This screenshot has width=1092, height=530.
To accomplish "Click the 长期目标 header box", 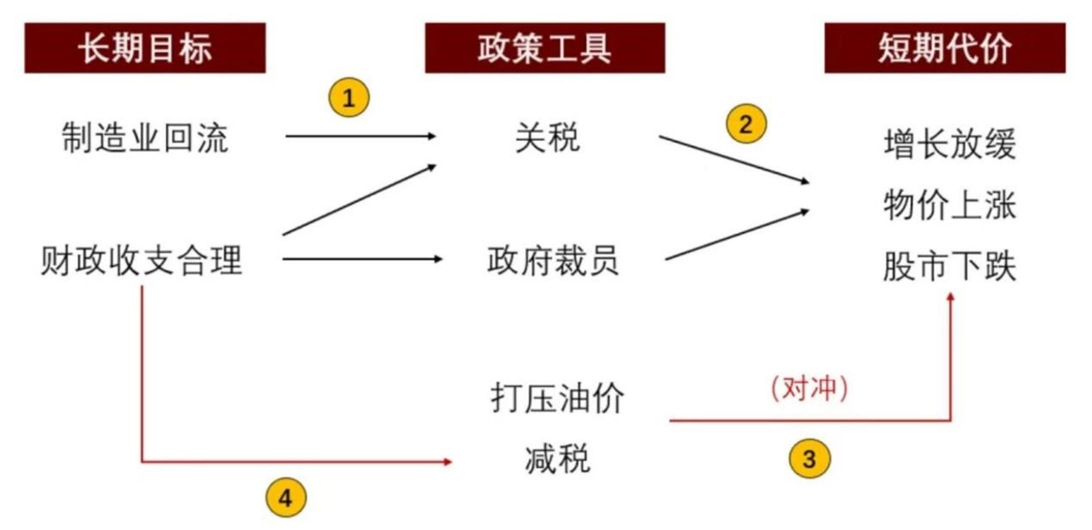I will click(x=144, y=48).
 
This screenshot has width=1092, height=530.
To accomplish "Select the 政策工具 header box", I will click(x=544, y=48).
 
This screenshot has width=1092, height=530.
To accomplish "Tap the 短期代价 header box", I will click(x=944, y=48).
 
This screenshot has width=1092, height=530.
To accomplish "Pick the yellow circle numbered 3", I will click(x=809, y=458).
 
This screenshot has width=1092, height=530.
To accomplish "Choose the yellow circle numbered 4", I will click(x=285, y=496).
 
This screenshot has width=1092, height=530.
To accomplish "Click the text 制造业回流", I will click(x=144, y=138).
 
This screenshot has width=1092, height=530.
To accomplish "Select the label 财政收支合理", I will click(x=142, y=259).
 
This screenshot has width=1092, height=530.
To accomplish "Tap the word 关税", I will click(x=548, y=138).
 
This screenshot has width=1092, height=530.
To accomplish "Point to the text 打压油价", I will click(x=557, y=398).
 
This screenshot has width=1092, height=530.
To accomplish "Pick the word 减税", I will click(x=557, y=459).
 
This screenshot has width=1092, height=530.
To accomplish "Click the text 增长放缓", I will click(x=949, y=145).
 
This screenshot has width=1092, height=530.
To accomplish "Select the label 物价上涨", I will click(x=949, y=206).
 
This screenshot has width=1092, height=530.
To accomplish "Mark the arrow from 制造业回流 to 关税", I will click(x=361, y=136).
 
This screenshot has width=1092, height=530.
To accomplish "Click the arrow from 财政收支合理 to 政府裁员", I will click(x=361, y=258).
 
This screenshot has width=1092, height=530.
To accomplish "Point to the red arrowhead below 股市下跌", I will click(x=951, y=297).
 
